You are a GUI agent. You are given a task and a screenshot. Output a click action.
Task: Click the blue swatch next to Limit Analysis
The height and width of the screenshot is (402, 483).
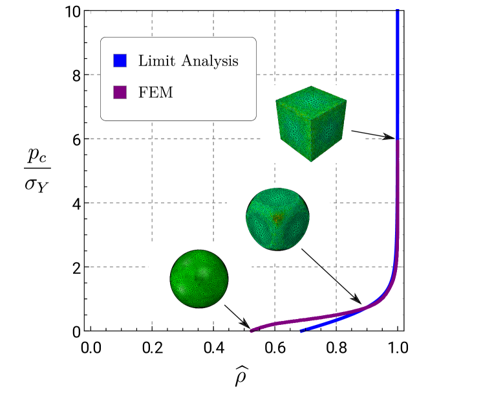tap(120, 60)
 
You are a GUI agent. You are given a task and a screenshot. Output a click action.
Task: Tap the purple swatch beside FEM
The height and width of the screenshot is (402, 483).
tap(120, 92)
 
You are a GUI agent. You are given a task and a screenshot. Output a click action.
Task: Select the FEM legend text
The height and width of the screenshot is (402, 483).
tap(156, 93)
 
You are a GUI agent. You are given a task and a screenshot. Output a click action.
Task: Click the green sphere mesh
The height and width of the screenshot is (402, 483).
tap(199, 278)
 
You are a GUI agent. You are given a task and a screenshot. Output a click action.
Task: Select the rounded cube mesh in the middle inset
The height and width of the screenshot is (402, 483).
tap(277, 219)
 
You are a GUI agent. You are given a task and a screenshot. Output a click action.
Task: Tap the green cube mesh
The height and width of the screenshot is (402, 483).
tap(312, 123)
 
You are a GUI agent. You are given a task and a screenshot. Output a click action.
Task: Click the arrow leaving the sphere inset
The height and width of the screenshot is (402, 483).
tap(235, 313)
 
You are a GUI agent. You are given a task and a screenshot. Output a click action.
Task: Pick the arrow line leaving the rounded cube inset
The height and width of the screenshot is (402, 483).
tap(308, 255)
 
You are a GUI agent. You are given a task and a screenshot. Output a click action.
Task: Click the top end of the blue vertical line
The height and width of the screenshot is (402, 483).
tap(397, 11)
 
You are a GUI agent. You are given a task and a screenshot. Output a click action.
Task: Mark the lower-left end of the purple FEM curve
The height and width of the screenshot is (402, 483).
tap(252, 330)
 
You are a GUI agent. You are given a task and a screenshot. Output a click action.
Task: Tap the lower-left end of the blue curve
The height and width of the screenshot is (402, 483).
tap(301, 332)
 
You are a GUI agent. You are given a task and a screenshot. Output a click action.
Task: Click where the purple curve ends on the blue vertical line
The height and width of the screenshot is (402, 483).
tap(397, 142)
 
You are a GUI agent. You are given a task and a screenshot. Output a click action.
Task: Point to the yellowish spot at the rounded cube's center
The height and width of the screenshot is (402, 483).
tap(277, 218)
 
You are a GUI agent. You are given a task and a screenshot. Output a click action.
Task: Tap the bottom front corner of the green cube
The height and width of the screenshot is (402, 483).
tap(311, 161)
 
